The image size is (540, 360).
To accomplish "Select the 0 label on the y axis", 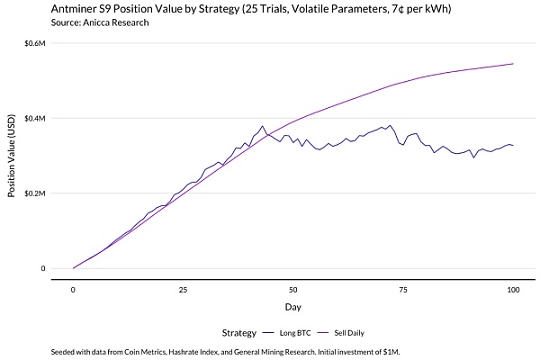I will (x=42, y=268).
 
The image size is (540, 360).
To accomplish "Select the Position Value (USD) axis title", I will (x=12, y=156).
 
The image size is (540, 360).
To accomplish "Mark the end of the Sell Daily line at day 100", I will (x=513, y=64).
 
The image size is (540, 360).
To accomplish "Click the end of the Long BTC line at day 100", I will (x=513, y=145).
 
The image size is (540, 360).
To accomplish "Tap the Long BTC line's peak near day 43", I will (x=262, y=126).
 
